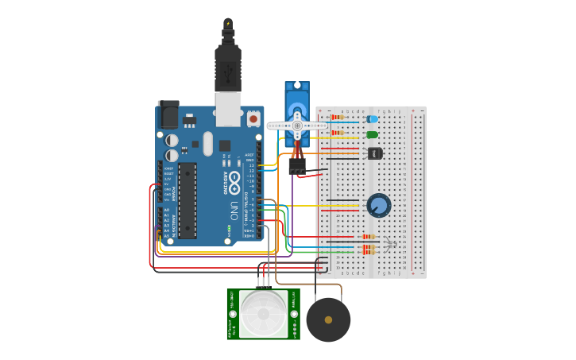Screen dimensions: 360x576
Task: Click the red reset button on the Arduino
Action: coord(253,118)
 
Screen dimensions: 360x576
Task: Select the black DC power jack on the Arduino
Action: coord(168,116)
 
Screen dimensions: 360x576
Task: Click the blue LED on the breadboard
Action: coord(373,119)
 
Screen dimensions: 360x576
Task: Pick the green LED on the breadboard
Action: coord(373,134)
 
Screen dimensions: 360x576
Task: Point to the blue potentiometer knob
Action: coord(379,206)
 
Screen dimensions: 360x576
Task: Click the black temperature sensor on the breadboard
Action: coord(376,153)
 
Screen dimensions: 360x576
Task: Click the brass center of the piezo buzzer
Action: coord(328,319)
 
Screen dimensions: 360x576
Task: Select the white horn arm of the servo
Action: coord(297,126)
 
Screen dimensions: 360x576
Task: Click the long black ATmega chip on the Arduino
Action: coord(187,200)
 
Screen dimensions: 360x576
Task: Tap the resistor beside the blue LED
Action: coord(338,118)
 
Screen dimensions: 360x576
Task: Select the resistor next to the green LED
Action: coord(338,133)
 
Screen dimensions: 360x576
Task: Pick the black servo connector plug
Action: coord(297,166)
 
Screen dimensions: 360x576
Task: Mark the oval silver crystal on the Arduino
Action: coord(208,144)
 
